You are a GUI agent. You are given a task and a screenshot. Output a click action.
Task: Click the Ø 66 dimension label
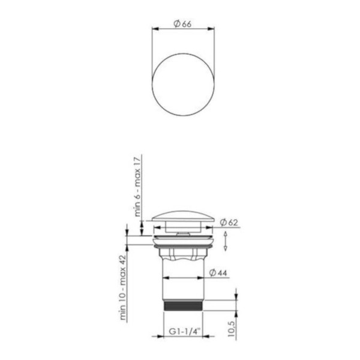(182, 23)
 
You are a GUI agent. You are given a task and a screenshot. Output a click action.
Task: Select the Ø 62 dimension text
(229, 222)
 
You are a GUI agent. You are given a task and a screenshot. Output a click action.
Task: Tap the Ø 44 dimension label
(218, 273)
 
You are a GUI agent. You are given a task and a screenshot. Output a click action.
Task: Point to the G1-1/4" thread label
(185, 331)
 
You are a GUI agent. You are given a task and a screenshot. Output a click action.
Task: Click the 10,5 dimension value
(232, 329)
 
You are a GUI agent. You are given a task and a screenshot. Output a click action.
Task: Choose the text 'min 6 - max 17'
(137, 187)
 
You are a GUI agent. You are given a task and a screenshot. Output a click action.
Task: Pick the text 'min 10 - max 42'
(122, 287)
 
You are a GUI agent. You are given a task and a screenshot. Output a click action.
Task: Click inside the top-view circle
(183, 85)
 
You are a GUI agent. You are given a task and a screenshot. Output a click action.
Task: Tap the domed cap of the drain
(183, 216)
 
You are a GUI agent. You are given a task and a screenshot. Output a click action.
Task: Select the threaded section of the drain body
(183, 305)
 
